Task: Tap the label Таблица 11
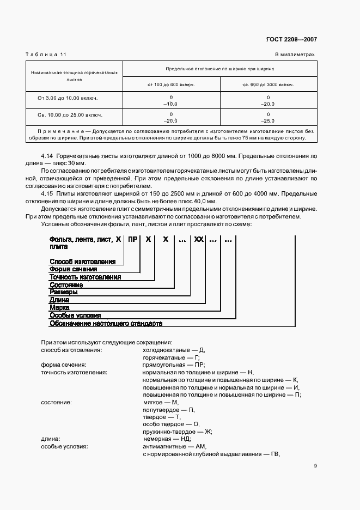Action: [x=46, y=54]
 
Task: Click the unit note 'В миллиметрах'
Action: [x=295, y=54]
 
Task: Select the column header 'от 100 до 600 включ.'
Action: [x=171, y=84]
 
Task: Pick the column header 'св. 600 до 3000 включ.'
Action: [x=268, y=84]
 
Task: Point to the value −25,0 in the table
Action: [x=268, y=121]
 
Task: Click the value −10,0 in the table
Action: [x=171, y=104]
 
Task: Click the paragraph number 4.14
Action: [x=47, y=156]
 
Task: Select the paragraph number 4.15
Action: [x=47, y=193]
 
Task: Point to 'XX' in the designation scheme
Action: [x=198, y=239]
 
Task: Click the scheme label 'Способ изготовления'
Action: [x=82, y=262]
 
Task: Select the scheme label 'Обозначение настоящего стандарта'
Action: [x=106, y=323]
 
